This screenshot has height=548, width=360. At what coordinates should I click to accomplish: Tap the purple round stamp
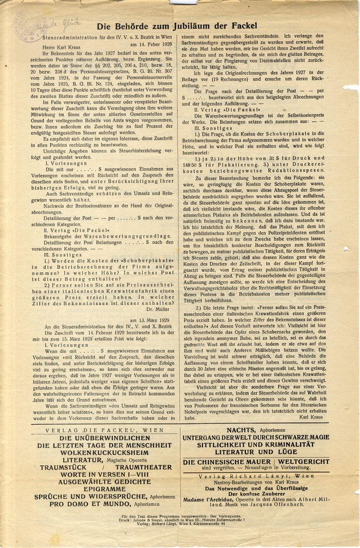30,26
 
